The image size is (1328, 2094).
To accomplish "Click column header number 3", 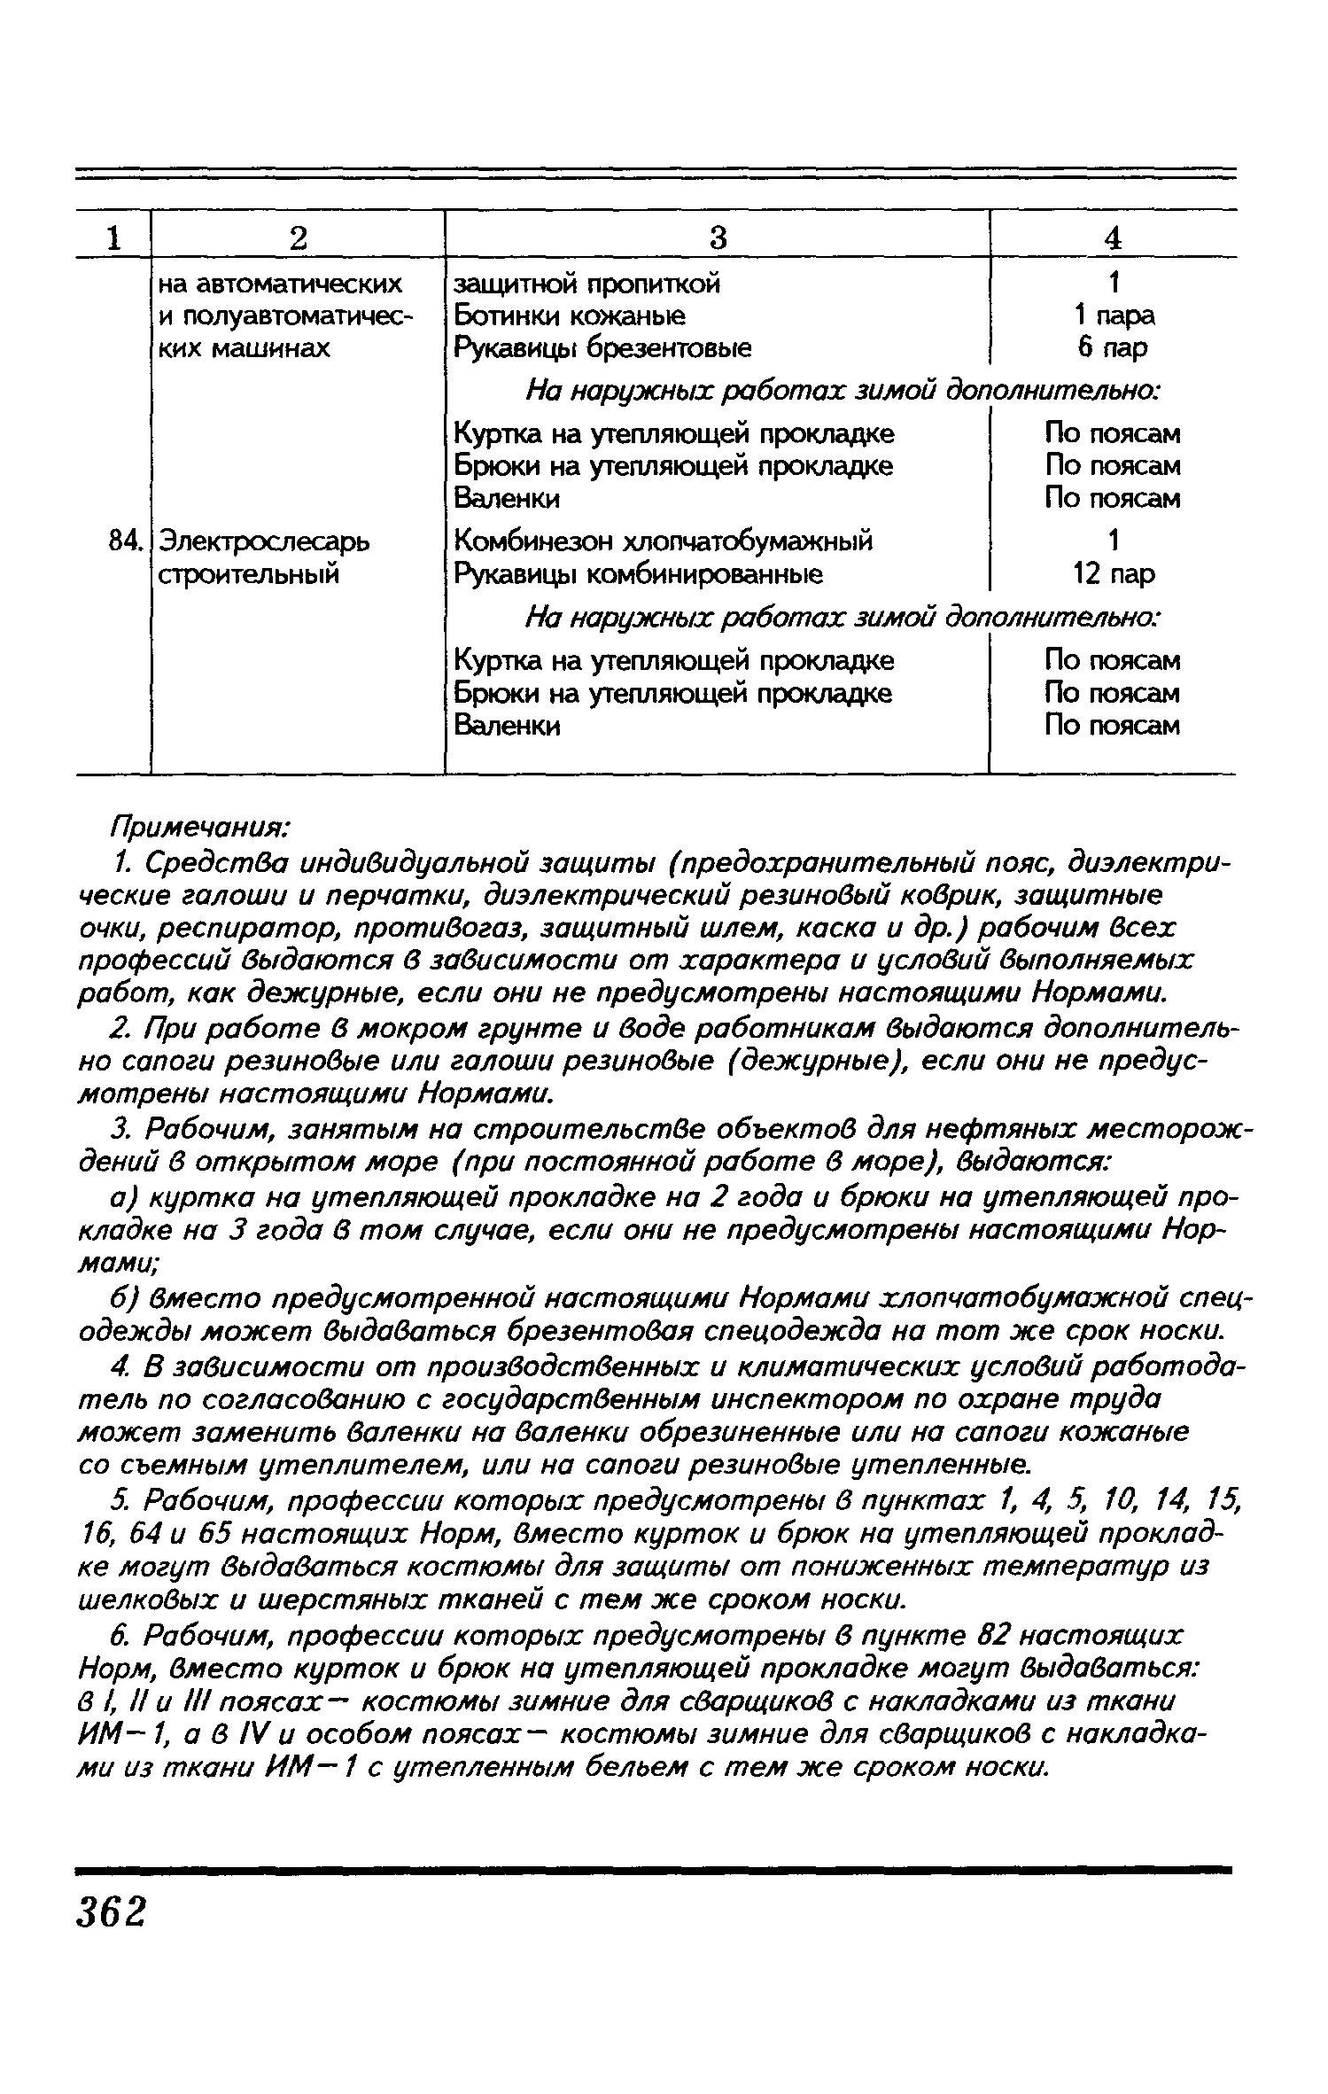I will [718, 237].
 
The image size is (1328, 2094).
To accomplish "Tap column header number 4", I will [1113, 237].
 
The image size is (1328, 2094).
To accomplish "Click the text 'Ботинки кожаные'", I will [569, 315].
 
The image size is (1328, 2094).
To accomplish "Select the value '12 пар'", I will [1113, 574].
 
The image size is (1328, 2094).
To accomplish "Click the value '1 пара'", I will [1113, 315].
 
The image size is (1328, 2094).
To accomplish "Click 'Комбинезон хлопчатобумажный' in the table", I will [663, 541].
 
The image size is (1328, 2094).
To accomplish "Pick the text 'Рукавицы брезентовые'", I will [602, 347].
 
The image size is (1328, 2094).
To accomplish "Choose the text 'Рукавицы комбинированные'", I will [637, 574].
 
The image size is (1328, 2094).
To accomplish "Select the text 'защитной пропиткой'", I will [586, 284].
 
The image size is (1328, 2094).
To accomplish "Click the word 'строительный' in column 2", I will [248, 574].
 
